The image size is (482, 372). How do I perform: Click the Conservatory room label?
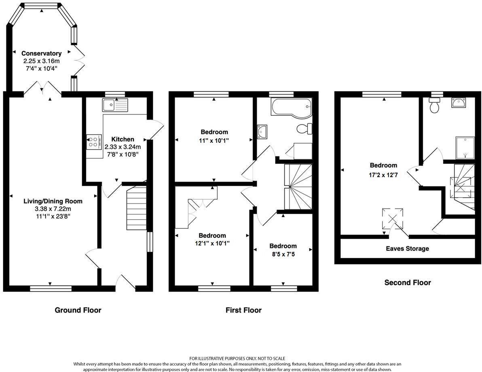click(x=41, y=53)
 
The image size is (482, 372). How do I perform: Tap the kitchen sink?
click(x=115, y=105)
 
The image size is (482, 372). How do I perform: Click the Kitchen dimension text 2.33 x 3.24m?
click(x=123, y=147)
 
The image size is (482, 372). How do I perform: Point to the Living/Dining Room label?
click(x=53, y=201)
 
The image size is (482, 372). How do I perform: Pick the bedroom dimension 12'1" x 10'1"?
click(x=212, y=243)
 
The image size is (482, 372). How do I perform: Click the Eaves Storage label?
click(x=408, y=248)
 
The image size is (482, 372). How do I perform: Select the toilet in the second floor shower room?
click(x=435, y=106)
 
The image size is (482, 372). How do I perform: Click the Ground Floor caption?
click(x=78, y=310)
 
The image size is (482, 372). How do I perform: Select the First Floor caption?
click(x=243, y=310)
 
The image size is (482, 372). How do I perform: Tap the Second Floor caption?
click(x=408, y=283)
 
